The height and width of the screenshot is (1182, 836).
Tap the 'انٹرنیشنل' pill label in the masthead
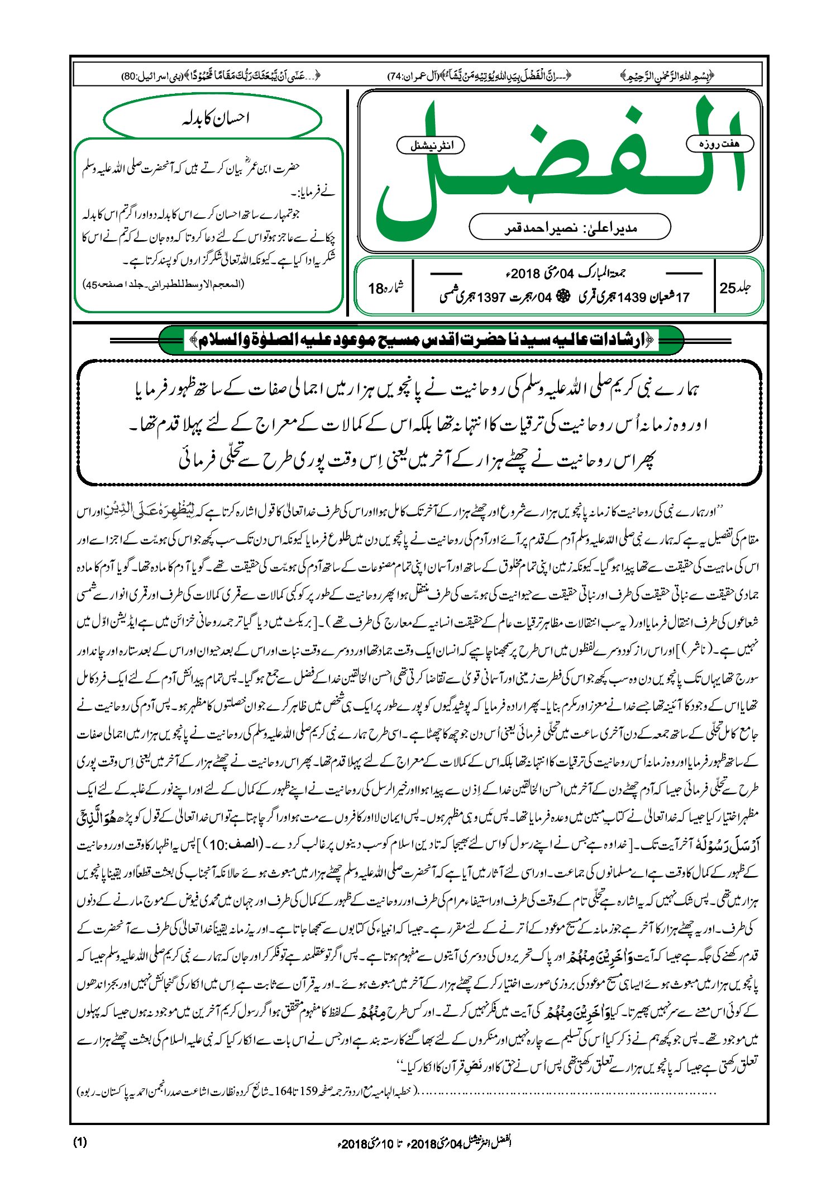pyautogui.click(x=430, y=146)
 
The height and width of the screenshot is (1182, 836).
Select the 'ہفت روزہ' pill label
pyautogui.click(x=719, y=144)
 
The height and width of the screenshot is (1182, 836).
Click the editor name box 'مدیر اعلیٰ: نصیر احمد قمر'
pyautogui.click(x=570, y=227)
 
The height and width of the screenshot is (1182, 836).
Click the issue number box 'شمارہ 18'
pyautogui.click(x=385, y=288)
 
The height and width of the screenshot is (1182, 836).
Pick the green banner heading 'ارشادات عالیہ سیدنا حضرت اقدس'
pyautogui.click(x=422, y=339)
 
